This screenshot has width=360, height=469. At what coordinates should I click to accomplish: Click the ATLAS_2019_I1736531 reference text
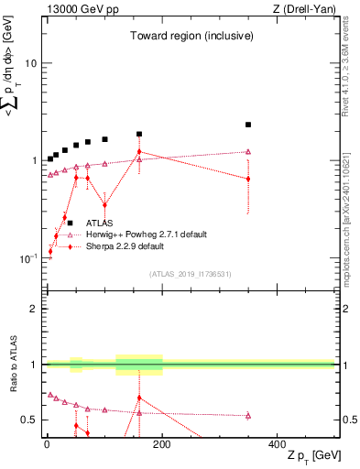(190, 274)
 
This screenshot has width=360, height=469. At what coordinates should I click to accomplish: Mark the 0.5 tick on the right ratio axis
(347, 420)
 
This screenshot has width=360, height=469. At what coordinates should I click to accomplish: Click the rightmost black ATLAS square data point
(248, 125)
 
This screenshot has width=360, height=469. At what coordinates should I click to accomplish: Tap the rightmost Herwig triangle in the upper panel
(248, 152)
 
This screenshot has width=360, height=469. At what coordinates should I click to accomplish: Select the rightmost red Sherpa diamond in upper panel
(248, 179)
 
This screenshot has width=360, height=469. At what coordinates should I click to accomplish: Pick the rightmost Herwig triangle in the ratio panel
(248, 416)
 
